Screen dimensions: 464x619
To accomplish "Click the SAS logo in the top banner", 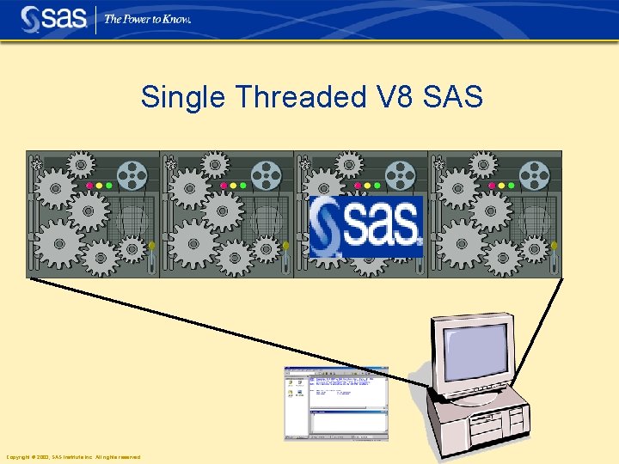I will pyautogui.click(x=53, y=18).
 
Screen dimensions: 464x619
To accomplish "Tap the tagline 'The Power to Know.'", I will pyautogui.click(x=147, y=19).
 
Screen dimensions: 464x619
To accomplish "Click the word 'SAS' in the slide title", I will pyautogui.click(x=453, y=97).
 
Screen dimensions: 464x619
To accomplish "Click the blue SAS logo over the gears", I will pyautogui.click(x=366, y=227).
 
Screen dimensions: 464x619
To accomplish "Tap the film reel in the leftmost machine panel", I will pyautogui.click(x=132, y=177).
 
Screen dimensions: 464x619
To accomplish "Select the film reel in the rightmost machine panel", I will pyautogui.click(x=534, y=177).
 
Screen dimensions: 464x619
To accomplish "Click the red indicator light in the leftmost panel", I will pyautogui.click(x=89, y=185).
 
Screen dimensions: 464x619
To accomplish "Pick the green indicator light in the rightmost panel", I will pyautogui.click(x=511, y=185).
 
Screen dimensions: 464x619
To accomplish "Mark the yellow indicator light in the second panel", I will pyautogui.click(x=233, y=185).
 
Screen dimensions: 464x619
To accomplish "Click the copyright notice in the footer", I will pyautogui.click(x=73, y=457).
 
